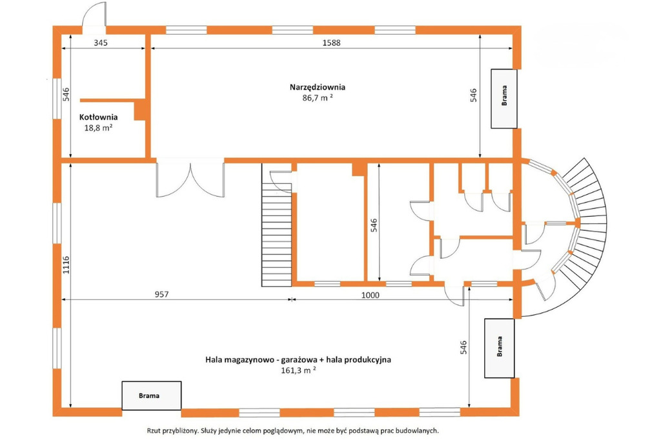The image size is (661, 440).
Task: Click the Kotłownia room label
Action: coord(98,117)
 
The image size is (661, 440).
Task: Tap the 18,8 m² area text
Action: coord(98,128)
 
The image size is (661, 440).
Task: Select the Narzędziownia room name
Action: coord(318,87)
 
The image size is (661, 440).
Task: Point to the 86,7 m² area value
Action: coord(318,98)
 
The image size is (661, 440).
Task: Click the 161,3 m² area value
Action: coord(298,370)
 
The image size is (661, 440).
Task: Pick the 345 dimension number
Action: coord(101,43)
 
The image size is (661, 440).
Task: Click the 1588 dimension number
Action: coord(331,43)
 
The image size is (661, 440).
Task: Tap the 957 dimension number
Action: coord(161,294)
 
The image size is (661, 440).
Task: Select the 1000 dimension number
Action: coord(370,295)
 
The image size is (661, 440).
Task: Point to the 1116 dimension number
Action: coord(66,265)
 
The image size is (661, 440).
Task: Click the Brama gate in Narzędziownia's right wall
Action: coord(503,99)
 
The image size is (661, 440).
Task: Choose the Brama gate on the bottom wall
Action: coord(152,395)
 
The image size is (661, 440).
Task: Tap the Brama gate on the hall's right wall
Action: coord(500,348)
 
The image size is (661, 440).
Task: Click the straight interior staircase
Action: coord(277,225)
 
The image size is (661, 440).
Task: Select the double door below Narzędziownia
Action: coord(190,179)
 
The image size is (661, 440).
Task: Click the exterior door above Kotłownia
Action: coord(94,17)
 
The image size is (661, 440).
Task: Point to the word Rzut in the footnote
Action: coord(154,431)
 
